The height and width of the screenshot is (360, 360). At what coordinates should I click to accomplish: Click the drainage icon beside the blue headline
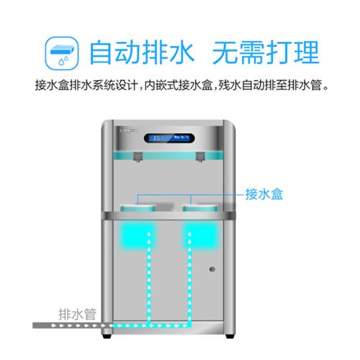click(x=62, y=53)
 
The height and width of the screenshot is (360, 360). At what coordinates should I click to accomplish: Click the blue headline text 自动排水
click(x=142, y=53)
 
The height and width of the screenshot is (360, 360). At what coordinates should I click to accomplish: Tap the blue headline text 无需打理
click(x=266, y=53)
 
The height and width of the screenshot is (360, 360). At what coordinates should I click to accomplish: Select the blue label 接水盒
click(x=264, y=194)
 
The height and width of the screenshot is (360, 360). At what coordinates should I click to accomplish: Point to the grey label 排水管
click(x=77, y=314)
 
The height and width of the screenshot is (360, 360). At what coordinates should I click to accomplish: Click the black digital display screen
click(x=169, y=138)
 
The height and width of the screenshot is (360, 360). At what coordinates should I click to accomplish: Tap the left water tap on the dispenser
click(x=138, y=157)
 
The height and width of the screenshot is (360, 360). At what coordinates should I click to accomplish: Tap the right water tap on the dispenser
click(x=200, y=157)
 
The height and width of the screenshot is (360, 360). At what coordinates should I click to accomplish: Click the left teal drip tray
click(x=138, y=208)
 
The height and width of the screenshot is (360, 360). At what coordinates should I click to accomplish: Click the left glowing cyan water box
click(x=138, y=236)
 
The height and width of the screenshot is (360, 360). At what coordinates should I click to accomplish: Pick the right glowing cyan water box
click(x=200, y=236)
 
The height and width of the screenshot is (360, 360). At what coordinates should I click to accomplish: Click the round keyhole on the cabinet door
click(x=212, y=269)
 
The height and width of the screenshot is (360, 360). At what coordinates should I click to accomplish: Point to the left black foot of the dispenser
click(x=107, y=336)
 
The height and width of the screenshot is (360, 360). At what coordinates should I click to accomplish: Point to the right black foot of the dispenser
click(x=230, y=336)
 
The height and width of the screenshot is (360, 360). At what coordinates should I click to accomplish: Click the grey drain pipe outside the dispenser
click(x=67, y=325)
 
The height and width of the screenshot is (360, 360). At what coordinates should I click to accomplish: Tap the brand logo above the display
click(x=129, y=130)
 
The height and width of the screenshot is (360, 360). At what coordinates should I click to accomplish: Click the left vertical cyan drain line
click(x=149, y=278)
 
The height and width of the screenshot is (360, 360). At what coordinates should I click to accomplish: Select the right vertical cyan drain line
click(x=189, y=278)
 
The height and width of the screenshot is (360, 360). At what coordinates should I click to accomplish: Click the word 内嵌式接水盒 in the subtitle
click(x=179, y=85)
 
